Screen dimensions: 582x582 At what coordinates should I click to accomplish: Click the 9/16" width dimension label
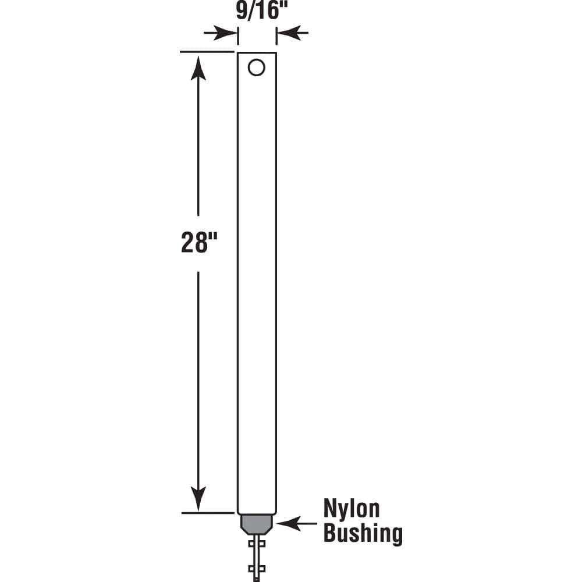[x=262, y=10]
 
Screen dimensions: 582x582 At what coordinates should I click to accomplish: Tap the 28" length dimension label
[x=199, y=242]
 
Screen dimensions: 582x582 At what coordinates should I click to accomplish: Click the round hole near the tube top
[x=257, y=68]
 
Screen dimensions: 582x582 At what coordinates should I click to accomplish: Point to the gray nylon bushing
[x=257, y=524]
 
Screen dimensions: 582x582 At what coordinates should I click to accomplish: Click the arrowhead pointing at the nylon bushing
[x=289, y=524]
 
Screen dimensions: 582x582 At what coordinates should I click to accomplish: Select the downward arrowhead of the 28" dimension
[x=198, y=498]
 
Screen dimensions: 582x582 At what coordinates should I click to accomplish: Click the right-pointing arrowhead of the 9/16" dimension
[x=225, y=33]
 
